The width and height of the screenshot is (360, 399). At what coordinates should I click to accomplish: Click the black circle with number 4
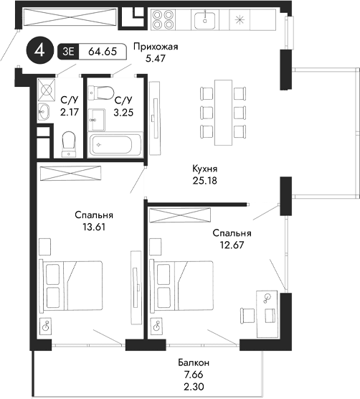40,52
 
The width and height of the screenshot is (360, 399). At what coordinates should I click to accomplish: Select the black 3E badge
68,52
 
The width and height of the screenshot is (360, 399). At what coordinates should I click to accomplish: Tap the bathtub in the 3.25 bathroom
116,144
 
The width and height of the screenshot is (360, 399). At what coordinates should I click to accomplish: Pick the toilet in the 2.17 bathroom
69,144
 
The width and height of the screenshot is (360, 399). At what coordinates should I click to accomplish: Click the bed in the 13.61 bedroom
72,285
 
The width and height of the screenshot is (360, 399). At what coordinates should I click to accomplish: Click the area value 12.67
232,246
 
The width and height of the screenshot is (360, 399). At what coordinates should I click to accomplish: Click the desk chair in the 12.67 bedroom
248,314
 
